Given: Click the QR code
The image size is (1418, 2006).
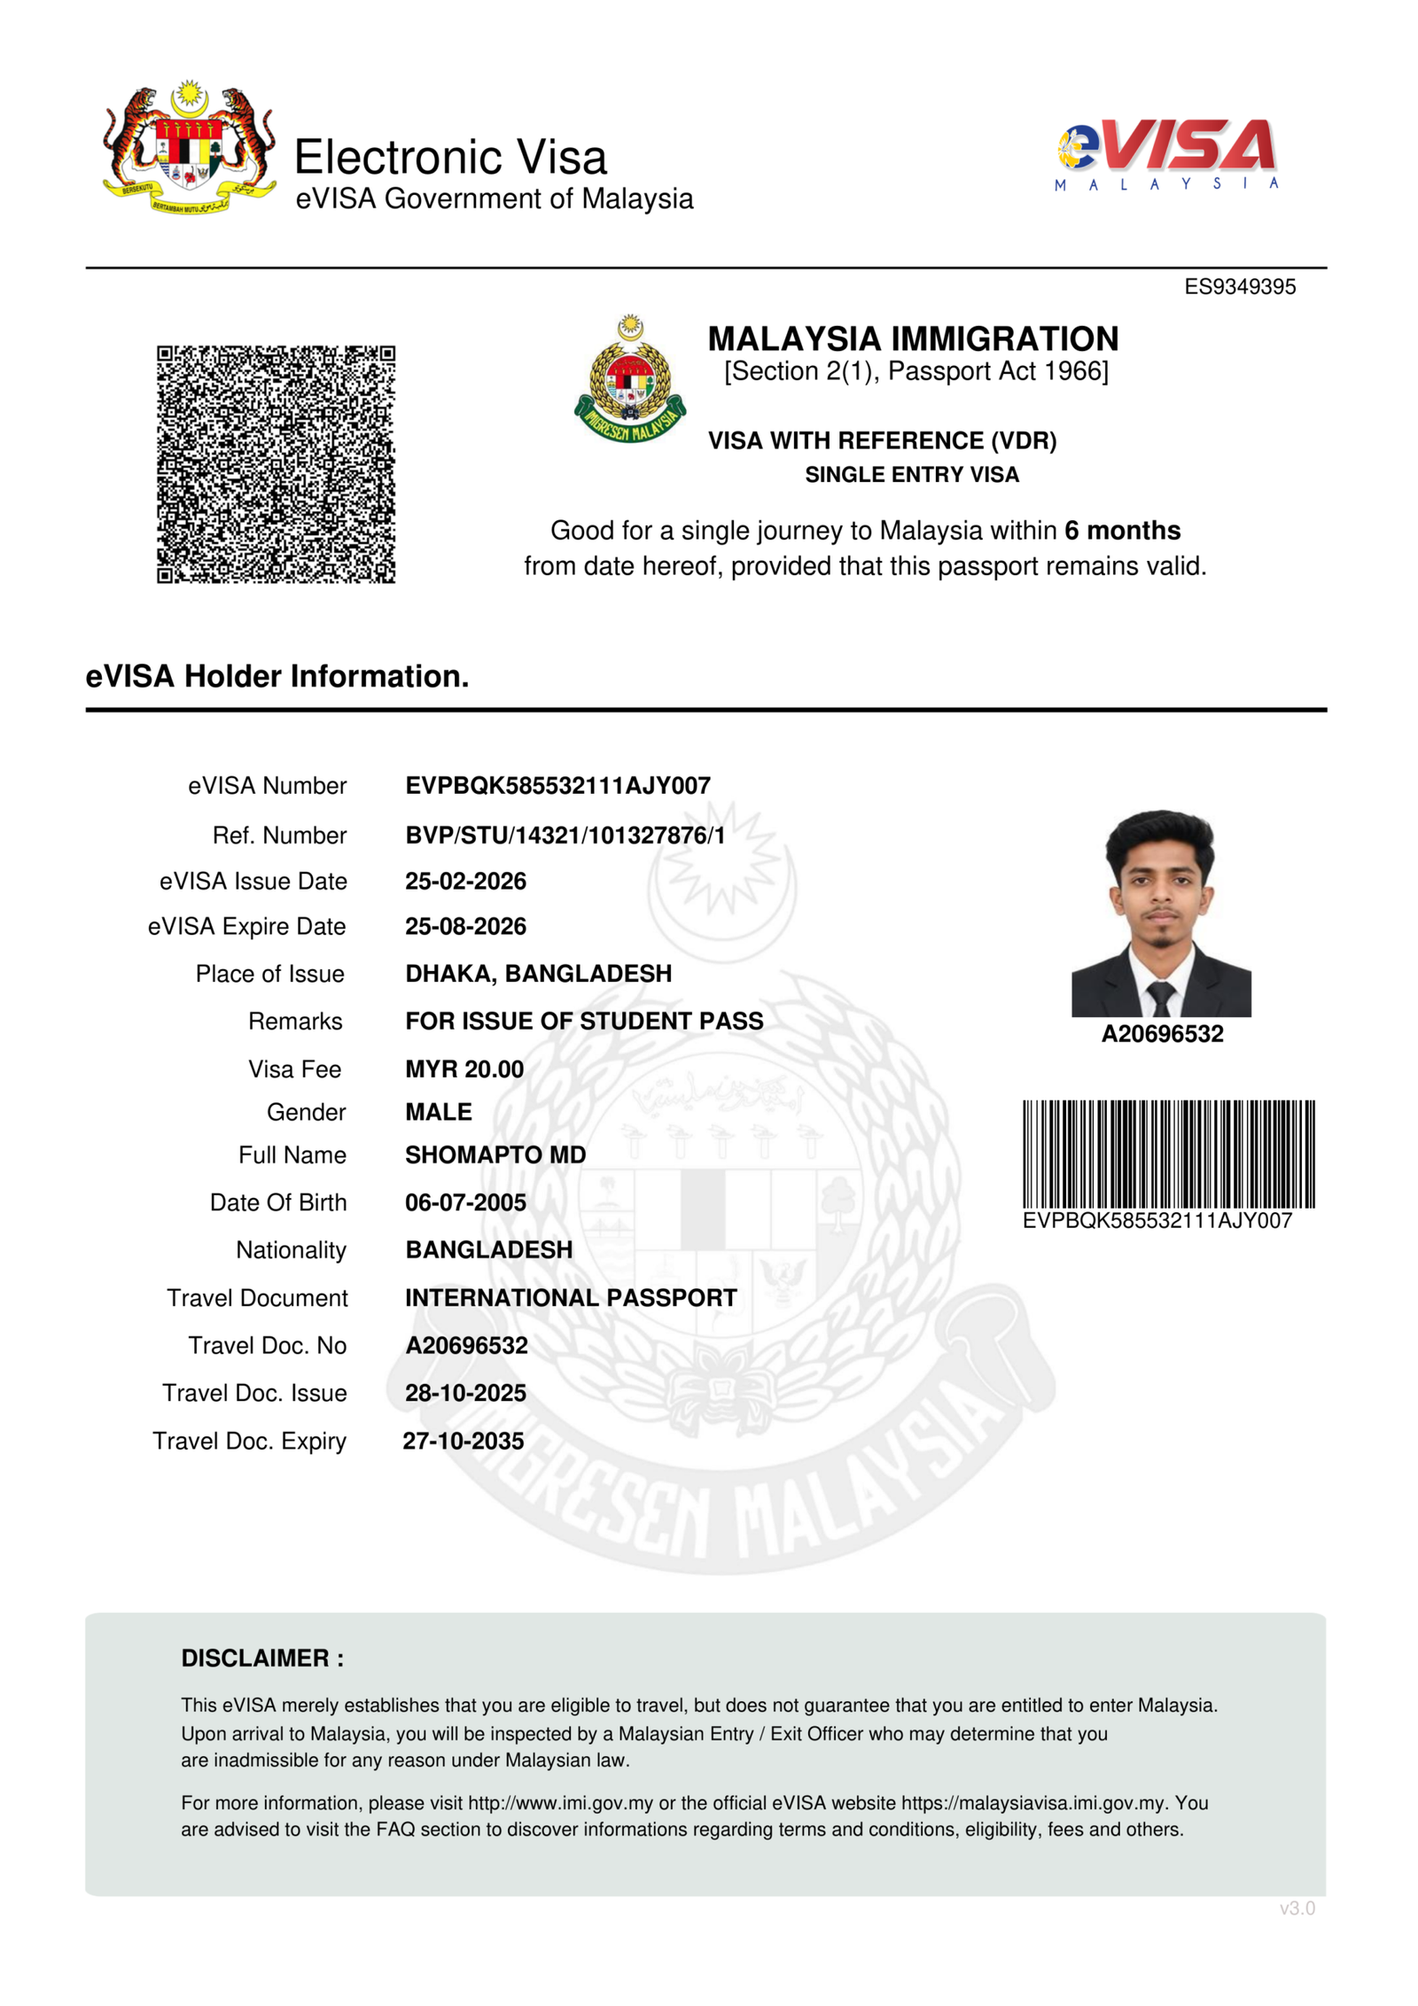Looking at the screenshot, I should (x=276, y=463).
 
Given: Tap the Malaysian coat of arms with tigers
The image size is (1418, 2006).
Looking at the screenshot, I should (x=189, y=148).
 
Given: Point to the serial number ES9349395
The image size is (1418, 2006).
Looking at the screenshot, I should (x=1239, y=287).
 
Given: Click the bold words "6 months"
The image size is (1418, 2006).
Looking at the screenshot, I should (x=1122, y=530).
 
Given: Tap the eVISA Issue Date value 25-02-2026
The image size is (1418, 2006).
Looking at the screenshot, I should (x=465, y=881).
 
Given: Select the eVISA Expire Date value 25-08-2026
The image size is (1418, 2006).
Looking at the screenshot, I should (x=465, y=926).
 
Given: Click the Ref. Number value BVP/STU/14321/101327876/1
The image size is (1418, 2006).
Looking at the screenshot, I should (x=565, y=835).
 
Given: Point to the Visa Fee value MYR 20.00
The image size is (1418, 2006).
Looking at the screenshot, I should (x=464, y=1069).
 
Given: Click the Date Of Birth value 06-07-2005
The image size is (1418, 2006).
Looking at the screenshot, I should (x=465, y=1202).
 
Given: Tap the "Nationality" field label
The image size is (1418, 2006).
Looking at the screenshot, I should (x=291, y=1250).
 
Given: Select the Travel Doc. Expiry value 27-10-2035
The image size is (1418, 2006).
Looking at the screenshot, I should (x=464, y=1441).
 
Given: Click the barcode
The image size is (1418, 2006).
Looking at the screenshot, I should (x=1168, y=1154).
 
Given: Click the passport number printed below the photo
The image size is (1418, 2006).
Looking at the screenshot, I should (x=1162, y=1034).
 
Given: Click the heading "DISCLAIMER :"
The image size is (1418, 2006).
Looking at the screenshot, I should (x=262, y=1658).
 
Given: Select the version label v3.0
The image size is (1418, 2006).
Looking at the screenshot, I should (x=1297, y=1909).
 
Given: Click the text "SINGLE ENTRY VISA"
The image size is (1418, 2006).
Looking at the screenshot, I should (x=912, y=475).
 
